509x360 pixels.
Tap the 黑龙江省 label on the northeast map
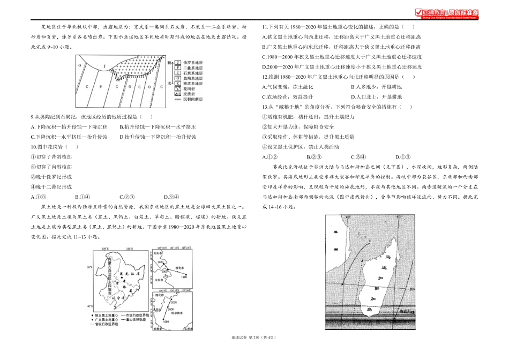coord(125,273)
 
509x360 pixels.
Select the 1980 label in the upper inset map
coord(183,277)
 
